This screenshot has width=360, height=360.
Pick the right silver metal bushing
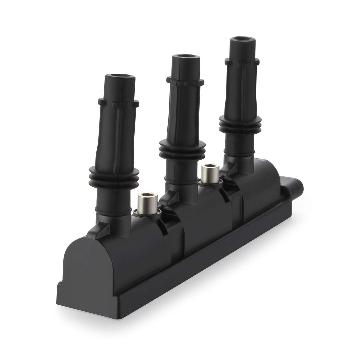point(209,173)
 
